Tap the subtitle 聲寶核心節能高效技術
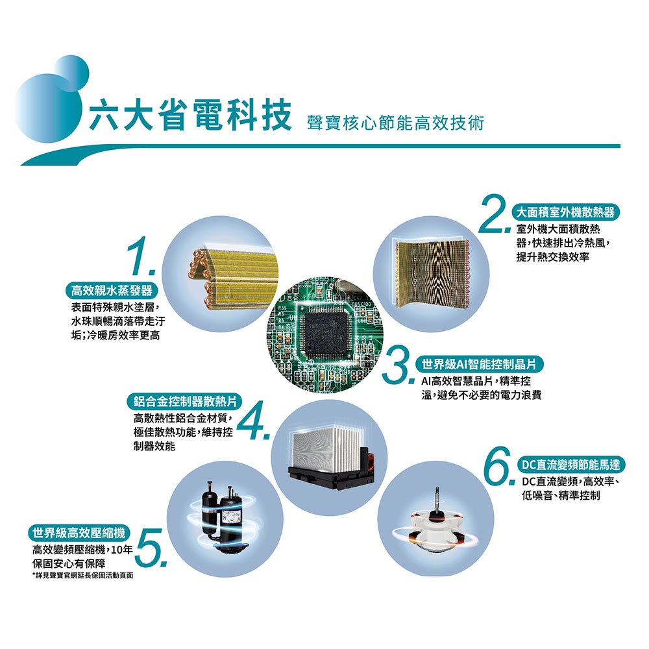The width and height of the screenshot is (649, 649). [395, 123]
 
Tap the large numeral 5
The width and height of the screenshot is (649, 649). [151, 547]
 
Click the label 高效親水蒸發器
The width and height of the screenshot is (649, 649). [112, 291]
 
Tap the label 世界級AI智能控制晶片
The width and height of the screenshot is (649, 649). [479, 364]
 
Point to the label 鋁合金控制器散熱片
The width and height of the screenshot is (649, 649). [184, 401]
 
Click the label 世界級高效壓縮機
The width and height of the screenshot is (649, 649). [79, 533]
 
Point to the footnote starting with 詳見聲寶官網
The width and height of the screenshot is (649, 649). [83, 575]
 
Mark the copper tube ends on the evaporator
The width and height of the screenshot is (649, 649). [198, 277]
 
